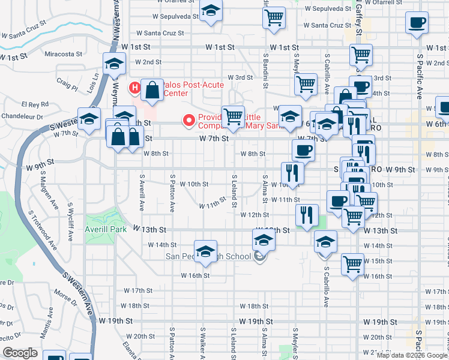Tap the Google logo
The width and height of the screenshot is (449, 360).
pyautogui.click(x=20, y=353)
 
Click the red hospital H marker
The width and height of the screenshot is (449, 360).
pyautogui.click(x=135, y=88)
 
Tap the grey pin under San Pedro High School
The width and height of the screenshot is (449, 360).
pyautogui.click(x=259, y=257)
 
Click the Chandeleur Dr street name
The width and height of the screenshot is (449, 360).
pyautogui.click(x=23, y=116)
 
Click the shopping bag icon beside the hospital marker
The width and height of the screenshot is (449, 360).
pyautogui.click(x=152, y=90)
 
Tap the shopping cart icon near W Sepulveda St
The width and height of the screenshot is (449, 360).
pyautogui.click(x=274, y=18)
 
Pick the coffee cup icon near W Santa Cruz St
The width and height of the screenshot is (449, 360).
pyautogui.click(x=417, y=23)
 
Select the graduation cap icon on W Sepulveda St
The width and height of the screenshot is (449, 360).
pyautogui.click(x=211, y=11)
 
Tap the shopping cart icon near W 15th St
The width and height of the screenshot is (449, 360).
pyautogui.click(x=352, y=263)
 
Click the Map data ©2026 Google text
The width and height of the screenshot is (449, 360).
pyautogui.click(x=412, y=355)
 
